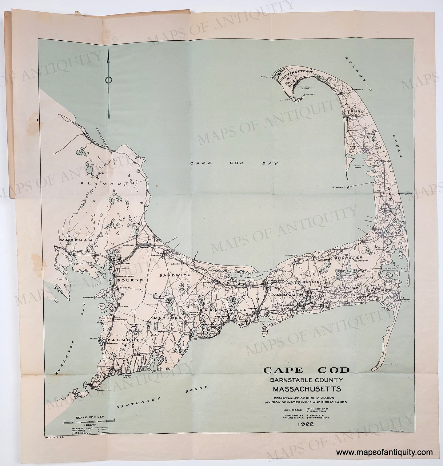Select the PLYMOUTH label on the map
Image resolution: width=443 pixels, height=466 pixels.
click(107, 183)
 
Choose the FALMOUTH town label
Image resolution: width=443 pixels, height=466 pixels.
click(126, 340)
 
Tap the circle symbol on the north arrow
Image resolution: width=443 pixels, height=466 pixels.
click(108, 80)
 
